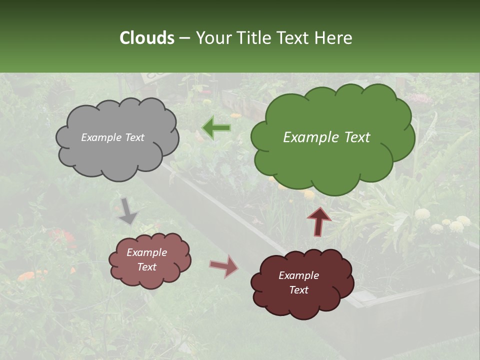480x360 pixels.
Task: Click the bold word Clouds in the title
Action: coord(146,37)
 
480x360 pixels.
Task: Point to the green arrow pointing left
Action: coord(216,128)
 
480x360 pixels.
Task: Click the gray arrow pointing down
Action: coord(127,210)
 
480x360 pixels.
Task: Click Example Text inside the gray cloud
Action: coord(112,137)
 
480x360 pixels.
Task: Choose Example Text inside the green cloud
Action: coord(326,137)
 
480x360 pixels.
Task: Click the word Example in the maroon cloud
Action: coord(298,275)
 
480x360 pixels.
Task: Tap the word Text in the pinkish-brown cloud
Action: coord(146,267)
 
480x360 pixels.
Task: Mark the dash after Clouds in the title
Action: coord(184,38)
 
